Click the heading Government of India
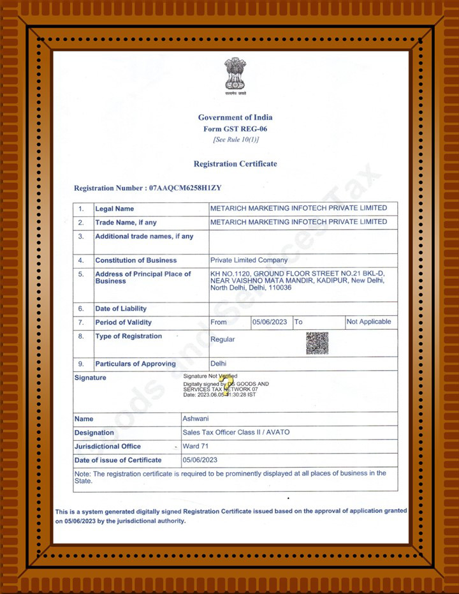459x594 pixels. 235,117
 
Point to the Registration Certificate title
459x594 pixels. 235,164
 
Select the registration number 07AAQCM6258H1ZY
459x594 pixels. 185,188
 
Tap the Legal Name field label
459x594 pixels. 115,209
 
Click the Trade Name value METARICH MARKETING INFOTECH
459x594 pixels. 298,222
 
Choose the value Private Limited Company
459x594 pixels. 249,260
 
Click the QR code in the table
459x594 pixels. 317,343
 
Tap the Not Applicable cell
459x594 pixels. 368,322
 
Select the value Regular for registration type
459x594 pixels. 222,339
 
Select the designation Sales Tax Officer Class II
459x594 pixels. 236,433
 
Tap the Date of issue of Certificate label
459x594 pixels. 118,460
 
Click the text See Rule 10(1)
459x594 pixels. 235,140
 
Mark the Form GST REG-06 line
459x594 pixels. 235,129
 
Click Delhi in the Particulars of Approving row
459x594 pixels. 219,364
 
